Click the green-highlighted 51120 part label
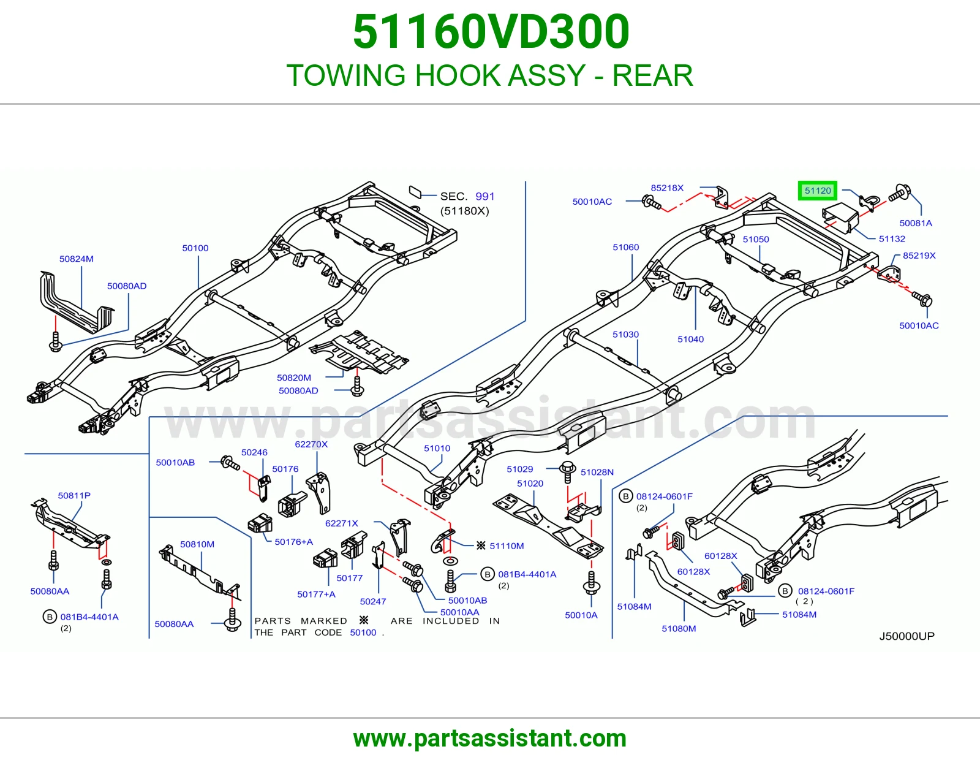coord(818,191)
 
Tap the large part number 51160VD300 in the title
coord(491,32)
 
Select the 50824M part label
coord(76,259)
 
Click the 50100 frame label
coord(195,248)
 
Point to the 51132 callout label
coord(892,239)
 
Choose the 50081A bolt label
coord(916,223)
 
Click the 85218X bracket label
coord(667,188)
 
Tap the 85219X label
coord(919,256)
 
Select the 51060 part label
coord(625,247)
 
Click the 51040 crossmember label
coord(690,339)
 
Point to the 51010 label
coord(437,448)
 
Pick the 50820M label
coord(293,378)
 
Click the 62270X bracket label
coord(311,444)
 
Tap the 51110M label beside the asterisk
coord(507,545)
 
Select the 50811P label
coord(74,495)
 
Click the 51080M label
coord(679,628)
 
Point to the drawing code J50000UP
coord(907,636)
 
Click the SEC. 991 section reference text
coord(467,196)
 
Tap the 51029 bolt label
coord(519,469)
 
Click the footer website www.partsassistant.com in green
coord(490,739)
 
